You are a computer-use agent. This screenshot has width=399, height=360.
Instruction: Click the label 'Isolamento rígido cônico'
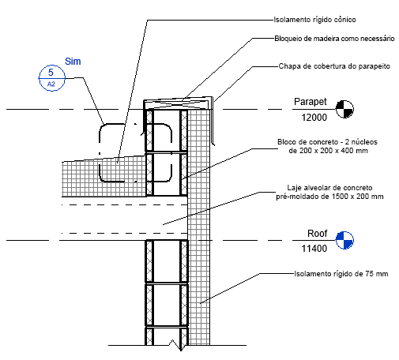point(314,20)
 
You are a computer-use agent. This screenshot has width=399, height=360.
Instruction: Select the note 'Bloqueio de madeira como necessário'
point(334,39)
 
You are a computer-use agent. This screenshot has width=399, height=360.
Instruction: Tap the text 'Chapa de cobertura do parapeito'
point(334,66)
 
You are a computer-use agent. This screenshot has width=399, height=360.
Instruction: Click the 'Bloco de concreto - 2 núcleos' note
point(327,142)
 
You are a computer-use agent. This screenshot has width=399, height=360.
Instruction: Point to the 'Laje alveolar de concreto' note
point(329,188)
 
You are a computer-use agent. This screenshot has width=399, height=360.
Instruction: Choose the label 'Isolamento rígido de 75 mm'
point(341,274)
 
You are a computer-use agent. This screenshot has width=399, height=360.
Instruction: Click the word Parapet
point(311,102)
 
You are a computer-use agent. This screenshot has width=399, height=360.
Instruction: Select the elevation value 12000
point(314,118)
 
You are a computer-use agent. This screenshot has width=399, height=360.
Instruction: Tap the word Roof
point(318,234)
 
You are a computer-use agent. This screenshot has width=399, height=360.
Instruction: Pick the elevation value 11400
point(314,249)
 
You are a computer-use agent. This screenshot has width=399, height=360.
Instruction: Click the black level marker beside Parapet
point(344,109)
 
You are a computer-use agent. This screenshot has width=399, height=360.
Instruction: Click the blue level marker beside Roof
point(344,240)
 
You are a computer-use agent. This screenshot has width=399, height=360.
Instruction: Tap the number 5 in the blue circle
point(51,72)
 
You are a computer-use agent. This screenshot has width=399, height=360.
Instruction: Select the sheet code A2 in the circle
point(51,84)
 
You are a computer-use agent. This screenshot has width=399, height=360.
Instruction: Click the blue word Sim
point(73,62)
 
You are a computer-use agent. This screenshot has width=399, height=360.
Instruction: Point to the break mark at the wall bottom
point(176,345)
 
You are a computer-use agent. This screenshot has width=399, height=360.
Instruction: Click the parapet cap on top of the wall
point(179,104)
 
